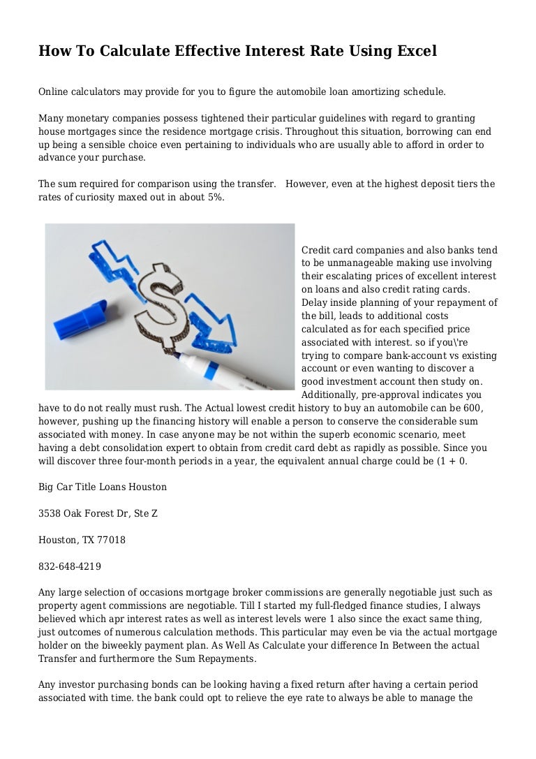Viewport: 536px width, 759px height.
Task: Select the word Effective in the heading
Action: (194, 52)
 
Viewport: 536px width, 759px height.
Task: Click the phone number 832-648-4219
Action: (70, 567)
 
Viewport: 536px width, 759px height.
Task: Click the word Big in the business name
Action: (47, 487)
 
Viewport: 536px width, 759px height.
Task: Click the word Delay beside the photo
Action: (315, 303)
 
